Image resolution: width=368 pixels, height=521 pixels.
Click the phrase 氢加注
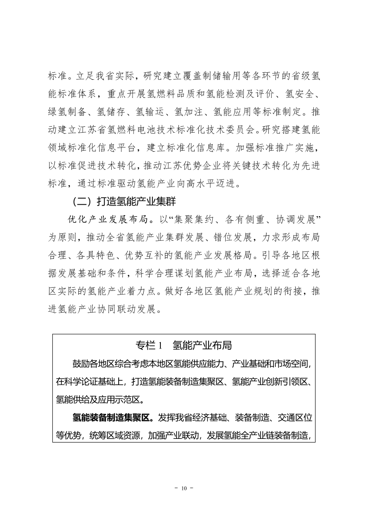click(191, 112)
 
